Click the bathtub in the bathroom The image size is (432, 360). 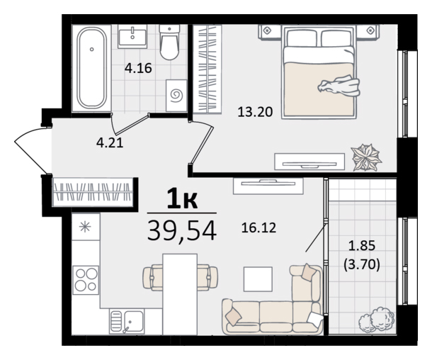[92, 68]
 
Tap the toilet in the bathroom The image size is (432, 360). [169, 43]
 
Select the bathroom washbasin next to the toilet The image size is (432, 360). [132, 36]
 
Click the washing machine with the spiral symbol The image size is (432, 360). [176, 96]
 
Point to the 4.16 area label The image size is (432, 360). [138, 68]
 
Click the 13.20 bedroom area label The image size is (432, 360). [255, 112]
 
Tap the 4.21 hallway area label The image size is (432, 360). [110, 142]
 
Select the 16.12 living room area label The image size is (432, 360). [258, 228]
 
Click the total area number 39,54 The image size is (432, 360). [182, 231]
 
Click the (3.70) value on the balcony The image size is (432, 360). [362, 265]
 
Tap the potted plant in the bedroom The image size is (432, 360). [366, 157]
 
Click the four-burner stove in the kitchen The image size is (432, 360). [86, 280]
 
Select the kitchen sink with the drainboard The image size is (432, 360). [127, 321]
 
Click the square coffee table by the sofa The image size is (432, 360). [258, 279]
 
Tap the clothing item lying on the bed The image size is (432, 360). [339, 86]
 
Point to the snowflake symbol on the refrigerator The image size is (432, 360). [85, 227]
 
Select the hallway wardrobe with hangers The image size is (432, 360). [92, 193]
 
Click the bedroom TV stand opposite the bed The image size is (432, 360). [309, 162]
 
